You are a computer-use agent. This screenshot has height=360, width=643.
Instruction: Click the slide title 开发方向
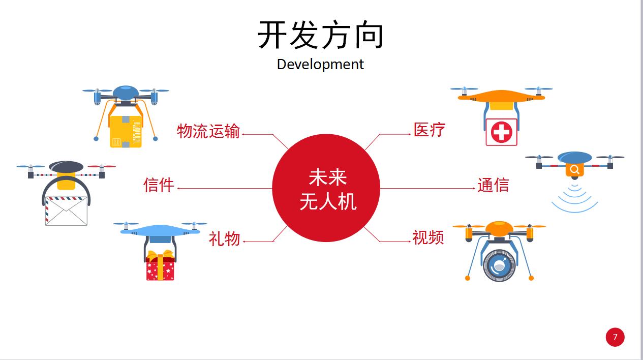click(x=321, y=35)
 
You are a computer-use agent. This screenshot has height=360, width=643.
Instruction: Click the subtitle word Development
click(x=320, y=65)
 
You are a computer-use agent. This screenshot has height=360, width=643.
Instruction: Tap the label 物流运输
click(x=208, y=131)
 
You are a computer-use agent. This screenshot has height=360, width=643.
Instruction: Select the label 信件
click(x=159, y=185)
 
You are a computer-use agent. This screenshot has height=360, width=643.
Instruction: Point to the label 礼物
click(x=224, y=238)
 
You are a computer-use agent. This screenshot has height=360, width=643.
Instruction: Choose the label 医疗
click(x=430, y=130)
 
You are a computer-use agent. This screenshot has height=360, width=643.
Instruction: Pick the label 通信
click(x=493, y=185)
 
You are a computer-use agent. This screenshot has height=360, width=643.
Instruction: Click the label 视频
click(x=428, y=237)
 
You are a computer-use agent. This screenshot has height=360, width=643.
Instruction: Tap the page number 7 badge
click(x=615, y=337)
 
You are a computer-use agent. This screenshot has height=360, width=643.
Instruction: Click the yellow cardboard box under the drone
click(x=125, y=132)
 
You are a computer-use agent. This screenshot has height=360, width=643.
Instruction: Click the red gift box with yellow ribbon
click(x=160, y=266)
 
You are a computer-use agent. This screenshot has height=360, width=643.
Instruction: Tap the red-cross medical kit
click(x=501, y=132)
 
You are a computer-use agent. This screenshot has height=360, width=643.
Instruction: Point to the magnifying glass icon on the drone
click(x=574, y=169)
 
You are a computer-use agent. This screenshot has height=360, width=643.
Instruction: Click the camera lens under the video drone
click(x=499, y=265)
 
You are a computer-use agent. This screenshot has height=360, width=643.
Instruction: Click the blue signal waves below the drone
click(x=575, y=199)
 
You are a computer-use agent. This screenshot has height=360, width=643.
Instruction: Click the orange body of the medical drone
click(x=501, y=97)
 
